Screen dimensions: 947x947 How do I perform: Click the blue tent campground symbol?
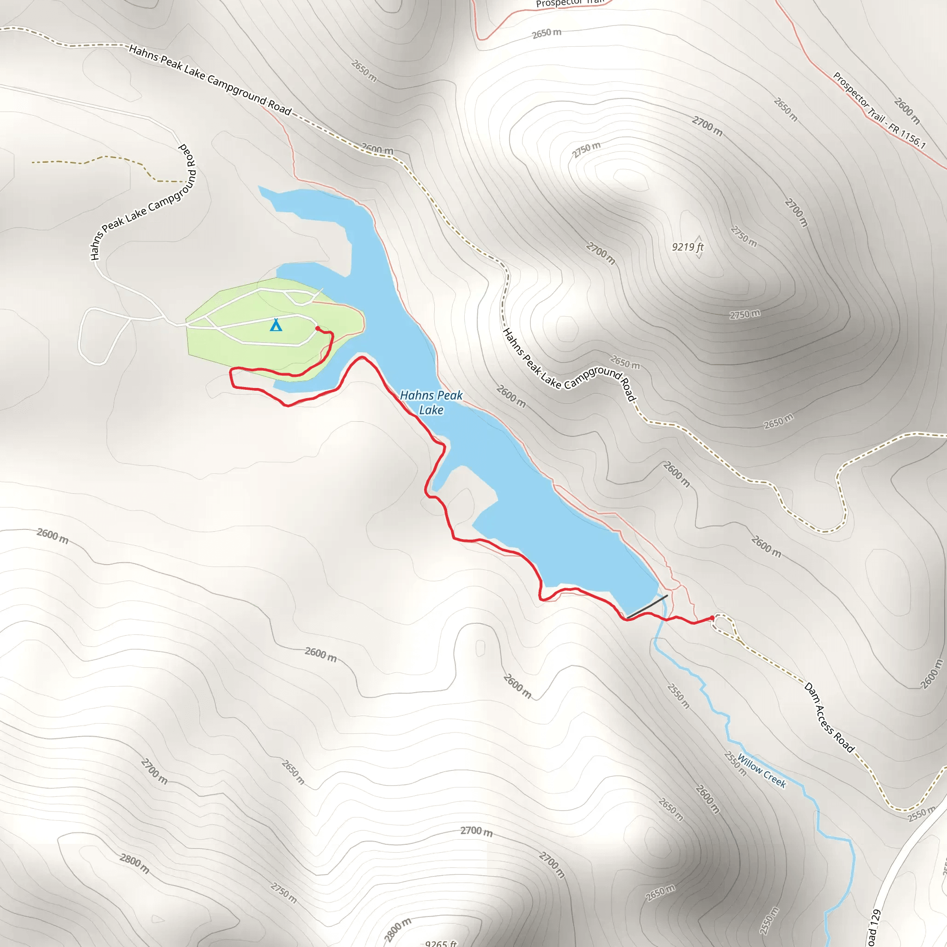(x=276, y=325)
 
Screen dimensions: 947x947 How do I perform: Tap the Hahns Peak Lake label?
(x=431, y=402)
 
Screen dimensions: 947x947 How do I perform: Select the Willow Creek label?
(x=762, y=771)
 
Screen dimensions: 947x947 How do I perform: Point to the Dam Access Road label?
(x=830, y=718)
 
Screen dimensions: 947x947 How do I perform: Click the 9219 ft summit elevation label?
(x=687, y=246)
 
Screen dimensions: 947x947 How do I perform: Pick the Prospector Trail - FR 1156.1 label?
(x=879, y=111)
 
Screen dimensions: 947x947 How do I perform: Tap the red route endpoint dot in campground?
(x=318, y=328)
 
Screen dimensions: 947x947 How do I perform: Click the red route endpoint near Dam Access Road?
(x=712, y=618)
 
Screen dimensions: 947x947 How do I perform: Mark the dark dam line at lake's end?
(x=647, y=606)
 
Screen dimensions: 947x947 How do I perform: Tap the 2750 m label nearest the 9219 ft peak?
(x=744, y=236)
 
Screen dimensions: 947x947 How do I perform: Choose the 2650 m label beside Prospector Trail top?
(x=547, y=33)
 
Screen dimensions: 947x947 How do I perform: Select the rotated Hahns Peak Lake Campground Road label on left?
(x=143, y=202)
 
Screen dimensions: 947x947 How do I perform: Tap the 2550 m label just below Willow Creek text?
(x=735, y=764)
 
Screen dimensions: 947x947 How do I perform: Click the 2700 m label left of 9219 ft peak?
(x=601, y=253)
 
